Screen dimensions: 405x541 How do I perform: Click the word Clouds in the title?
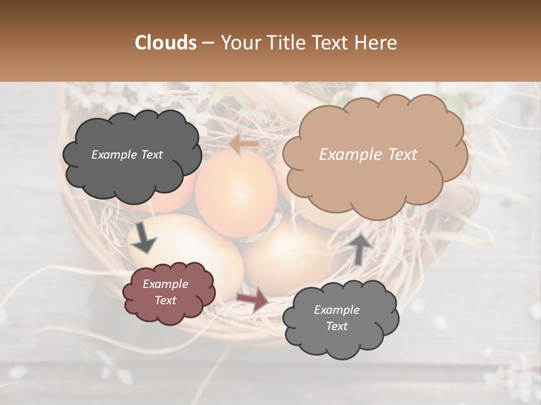point(166,43)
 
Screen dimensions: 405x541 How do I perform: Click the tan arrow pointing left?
point(243,145)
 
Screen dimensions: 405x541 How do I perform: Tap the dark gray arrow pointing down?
point(144,237)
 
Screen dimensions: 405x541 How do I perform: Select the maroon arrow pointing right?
point(253,300)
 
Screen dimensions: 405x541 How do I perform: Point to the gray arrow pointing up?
point(360,249)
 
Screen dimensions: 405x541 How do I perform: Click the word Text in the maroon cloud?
point(166,300)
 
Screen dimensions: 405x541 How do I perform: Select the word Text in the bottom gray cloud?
point(336,326)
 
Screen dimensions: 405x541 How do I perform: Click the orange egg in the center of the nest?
point(237,194)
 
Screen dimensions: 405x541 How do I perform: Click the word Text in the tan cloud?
point(402,155)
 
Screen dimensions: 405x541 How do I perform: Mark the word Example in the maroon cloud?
point(166,284)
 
